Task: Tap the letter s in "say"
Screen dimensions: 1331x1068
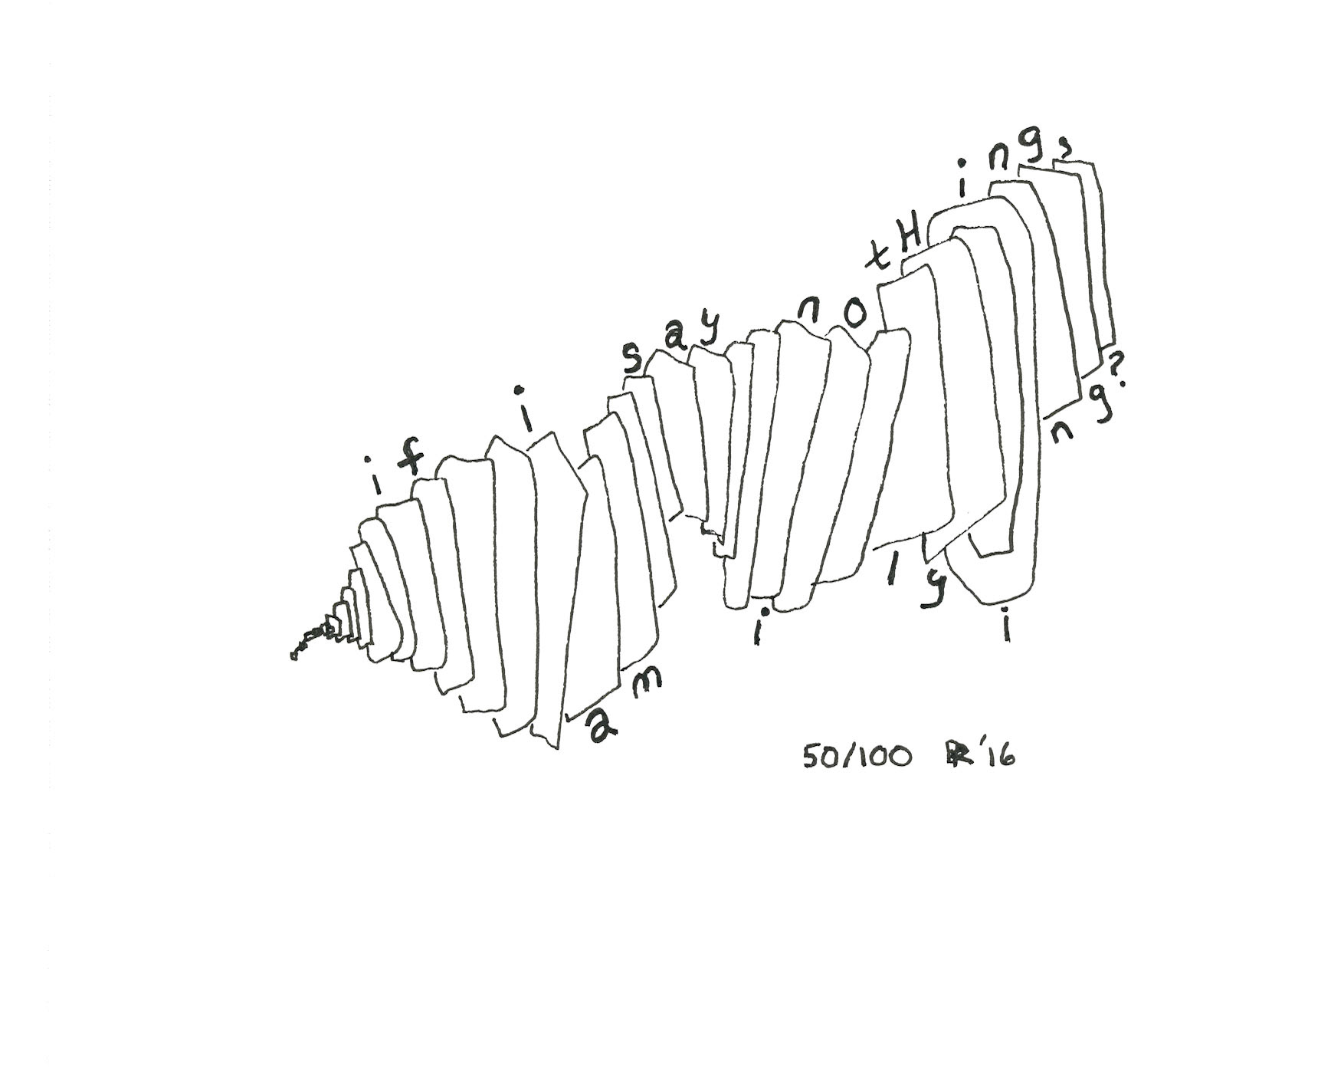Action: [x=633, y=360]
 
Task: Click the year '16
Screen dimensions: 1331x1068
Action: [x=996, y=756]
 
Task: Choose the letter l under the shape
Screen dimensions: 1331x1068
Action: [x=891, y=570]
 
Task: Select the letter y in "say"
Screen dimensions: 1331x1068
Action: [x=710, y=331]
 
